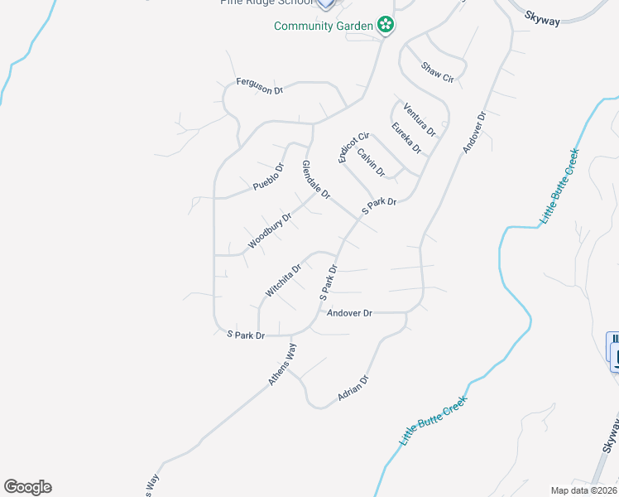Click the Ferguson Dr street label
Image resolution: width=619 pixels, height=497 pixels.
[x=260, y=84]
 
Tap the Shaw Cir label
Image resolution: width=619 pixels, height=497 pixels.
[x=438, y=72]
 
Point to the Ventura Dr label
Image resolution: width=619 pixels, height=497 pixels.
[x=420, y=118]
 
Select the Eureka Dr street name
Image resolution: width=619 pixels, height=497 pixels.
[x=407, y=138]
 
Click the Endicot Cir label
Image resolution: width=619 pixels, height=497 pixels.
[x=347, y=147]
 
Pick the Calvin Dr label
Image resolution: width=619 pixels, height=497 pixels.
[x=372, y=162]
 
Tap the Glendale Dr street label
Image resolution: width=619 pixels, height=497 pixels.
[x=316, y=180]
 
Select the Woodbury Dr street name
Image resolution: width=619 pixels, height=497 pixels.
[x=270, y=232]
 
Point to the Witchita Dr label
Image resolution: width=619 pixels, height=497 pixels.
[x=283, y=280]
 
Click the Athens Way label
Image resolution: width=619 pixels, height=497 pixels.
[x=282, y=364]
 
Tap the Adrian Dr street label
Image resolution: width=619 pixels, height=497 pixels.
[x=353, y=389]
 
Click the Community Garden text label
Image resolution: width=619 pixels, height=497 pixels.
[x=324, y=26]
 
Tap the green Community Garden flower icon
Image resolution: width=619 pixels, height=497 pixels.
[x=385, y=26]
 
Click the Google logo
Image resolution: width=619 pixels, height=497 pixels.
[x=27, y=487]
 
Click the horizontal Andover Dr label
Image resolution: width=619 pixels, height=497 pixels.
[x=349, y=313]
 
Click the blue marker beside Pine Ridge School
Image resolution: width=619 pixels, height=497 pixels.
[x=326, y=3]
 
